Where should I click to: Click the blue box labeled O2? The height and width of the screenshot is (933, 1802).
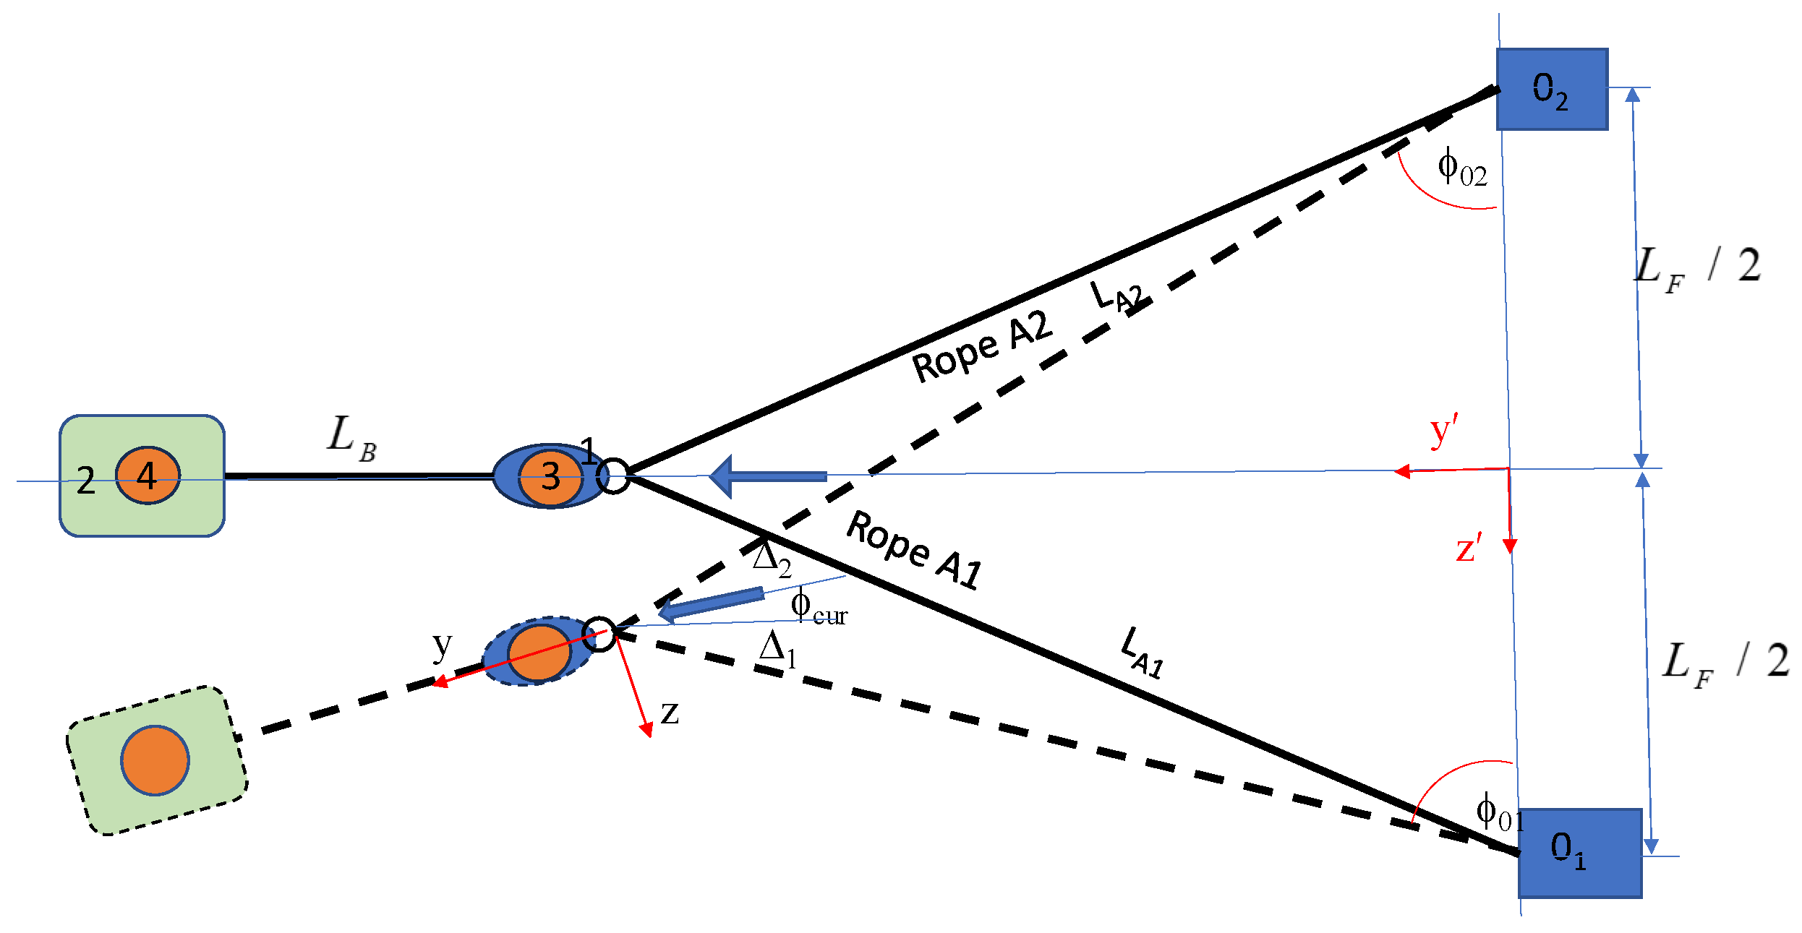point(1552,90)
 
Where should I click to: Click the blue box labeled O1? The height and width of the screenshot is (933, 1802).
point(1580,853)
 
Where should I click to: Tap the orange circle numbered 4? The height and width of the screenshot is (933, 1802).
point(148,476)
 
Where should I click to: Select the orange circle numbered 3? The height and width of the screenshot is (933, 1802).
point(550,477)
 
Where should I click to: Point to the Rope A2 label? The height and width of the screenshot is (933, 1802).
point(981,347)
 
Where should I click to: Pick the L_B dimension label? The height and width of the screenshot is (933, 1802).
point(351,438)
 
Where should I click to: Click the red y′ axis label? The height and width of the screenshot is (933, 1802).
point(1443,431)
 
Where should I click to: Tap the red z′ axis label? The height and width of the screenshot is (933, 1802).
point(1469,548)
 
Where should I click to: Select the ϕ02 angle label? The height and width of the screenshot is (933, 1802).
point(1461,168)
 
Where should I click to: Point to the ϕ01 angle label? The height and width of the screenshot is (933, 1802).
point(1499,812)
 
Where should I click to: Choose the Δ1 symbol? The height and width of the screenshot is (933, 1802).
point(778,649)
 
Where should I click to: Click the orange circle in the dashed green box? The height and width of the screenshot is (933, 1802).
point(155,760)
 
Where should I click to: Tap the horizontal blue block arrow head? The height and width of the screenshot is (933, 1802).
point(722,477)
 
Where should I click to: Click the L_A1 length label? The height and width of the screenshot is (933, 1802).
point(1143,653)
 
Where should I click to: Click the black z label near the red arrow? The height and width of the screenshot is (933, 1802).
point(670,713)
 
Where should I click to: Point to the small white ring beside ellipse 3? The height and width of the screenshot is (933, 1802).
point(614,476)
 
